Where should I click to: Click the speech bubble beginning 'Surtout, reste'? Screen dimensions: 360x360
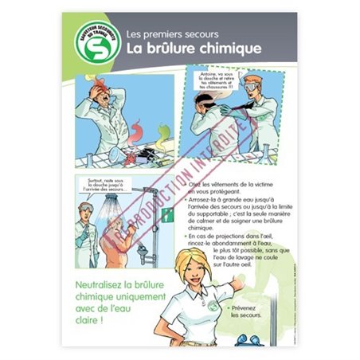tap(108, 188)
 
